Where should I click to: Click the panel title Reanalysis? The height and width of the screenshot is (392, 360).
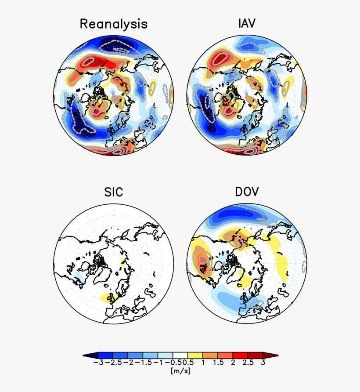click(113, 24)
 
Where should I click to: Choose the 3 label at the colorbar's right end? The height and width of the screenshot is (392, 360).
click(263, 363)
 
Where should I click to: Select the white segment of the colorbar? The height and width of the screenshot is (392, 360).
click(180, 355)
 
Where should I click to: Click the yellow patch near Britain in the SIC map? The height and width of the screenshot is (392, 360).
click(107, 298)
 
